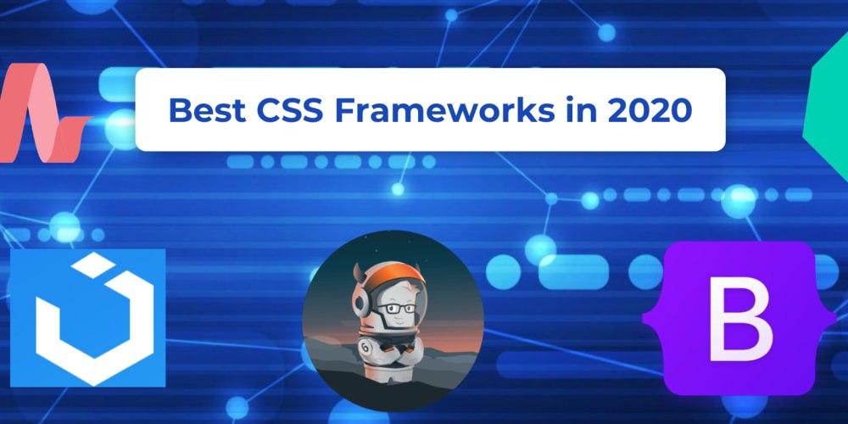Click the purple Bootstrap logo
[739, 319]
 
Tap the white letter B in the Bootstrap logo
[740, 319]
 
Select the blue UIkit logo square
[87, 318]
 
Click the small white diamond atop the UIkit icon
[93, 265]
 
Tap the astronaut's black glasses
[396, 309]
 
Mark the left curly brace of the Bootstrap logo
[656, 319]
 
